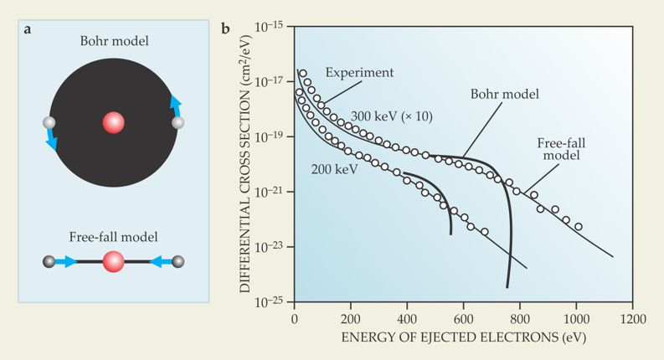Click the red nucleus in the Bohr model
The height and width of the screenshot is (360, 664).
(113, 123)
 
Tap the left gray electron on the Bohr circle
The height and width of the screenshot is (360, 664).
(49, 123)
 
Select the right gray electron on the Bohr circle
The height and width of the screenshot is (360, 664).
(178, 123)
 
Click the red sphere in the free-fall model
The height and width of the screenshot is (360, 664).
(113, 262)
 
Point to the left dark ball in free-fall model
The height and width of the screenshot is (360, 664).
(49, 262)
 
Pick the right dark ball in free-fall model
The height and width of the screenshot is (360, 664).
(177, 262)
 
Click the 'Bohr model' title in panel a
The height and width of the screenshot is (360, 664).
(113, 40)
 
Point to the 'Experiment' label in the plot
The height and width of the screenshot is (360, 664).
(359, 73)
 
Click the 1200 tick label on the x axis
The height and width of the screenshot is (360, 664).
(633, 319)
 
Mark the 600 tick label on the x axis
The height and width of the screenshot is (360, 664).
(463, 319)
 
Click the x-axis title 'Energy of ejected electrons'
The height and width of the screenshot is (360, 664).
(463, 338)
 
